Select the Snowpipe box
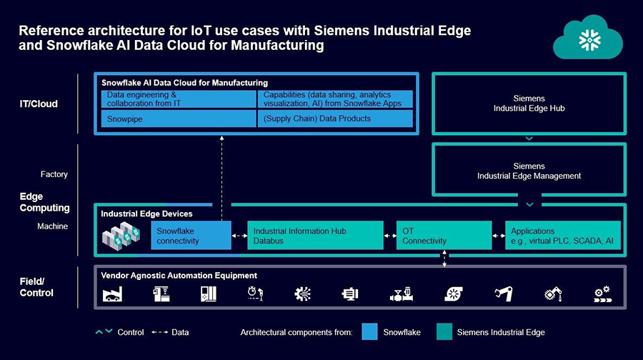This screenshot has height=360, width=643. pos(176,119)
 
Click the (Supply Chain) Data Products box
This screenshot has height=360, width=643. pos(335,119)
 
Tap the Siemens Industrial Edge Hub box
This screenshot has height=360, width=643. pos(529,104)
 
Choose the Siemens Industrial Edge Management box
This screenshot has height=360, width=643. pos(529,171)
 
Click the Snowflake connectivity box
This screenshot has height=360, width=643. pos(191,236)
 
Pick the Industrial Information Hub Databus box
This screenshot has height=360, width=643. pos(314,236)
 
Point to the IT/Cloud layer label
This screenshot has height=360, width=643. pos(39,104)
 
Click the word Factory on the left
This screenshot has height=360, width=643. pos(54,174)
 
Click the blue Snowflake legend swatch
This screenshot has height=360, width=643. pos(369,332)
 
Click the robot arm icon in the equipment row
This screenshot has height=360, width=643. pos(505,294)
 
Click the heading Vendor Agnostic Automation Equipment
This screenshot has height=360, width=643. pos(179,276)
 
